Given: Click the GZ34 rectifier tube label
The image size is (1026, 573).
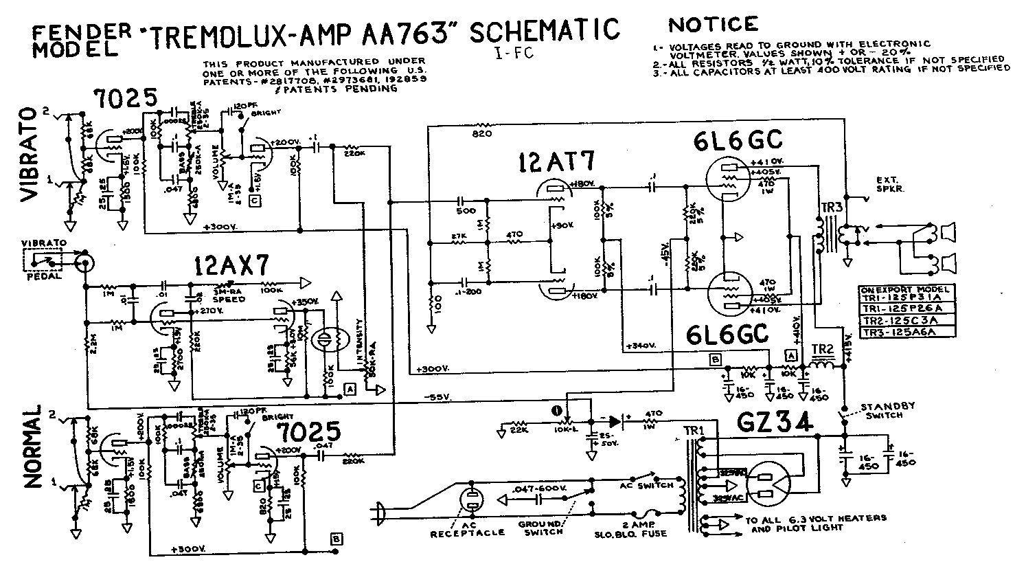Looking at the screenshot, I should click(776, 420).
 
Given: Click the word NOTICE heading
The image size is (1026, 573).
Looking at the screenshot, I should click(714, 25).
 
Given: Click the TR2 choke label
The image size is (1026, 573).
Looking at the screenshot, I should click(822, 349).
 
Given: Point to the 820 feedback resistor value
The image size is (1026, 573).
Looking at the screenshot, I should click(481, 135).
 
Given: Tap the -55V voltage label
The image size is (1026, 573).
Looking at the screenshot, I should click(436, 397).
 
